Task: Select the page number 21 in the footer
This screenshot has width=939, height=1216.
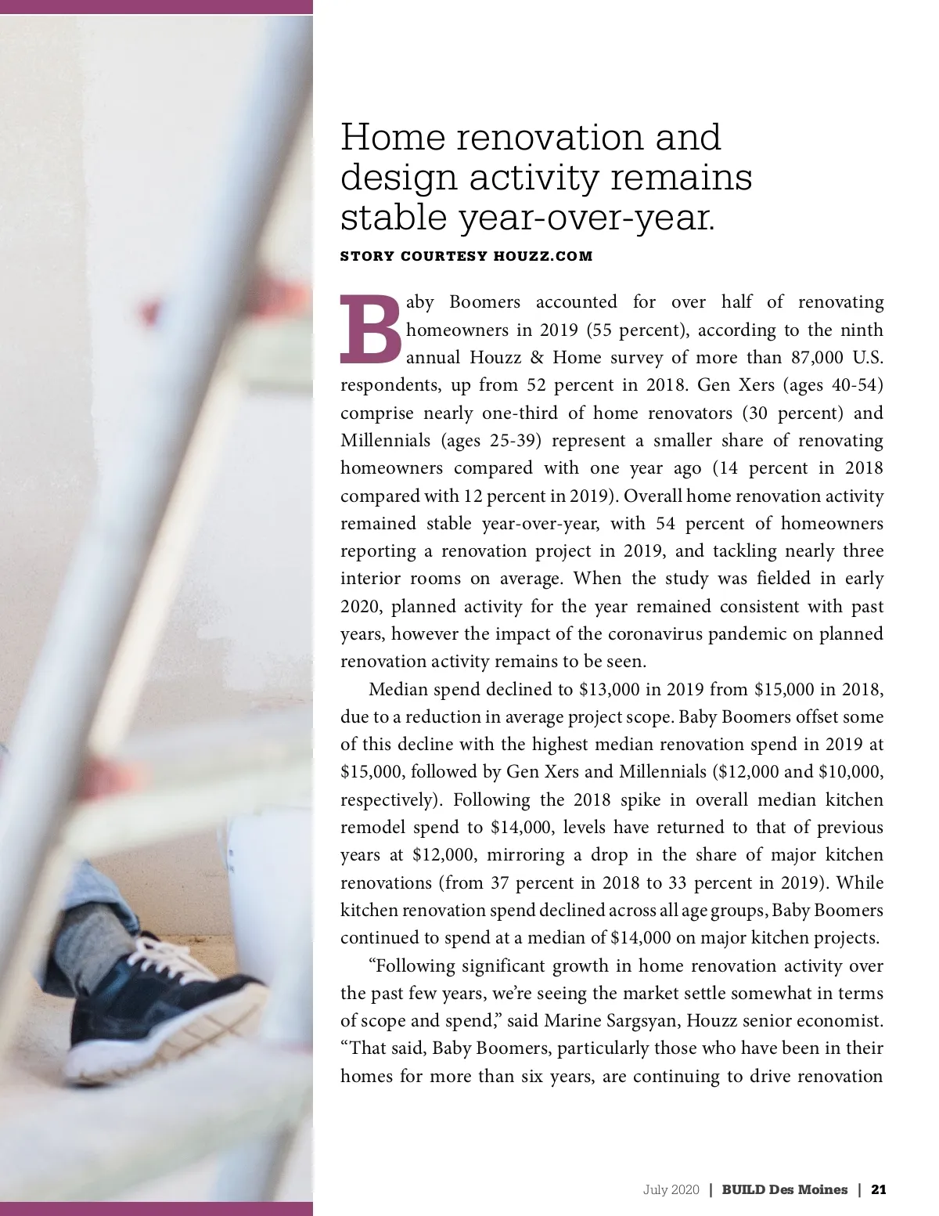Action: tap(878, 1189)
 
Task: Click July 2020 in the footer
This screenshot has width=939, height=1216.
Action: tap(671, 1189)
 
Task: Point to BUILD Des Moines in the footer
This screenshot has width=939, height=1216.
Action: tap(784, 1189)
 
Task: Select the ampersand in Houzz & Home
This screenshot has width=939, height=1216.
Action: tap(536, 358)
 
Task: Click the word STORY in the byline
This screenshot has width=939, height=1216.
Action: tap(366, 256)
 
